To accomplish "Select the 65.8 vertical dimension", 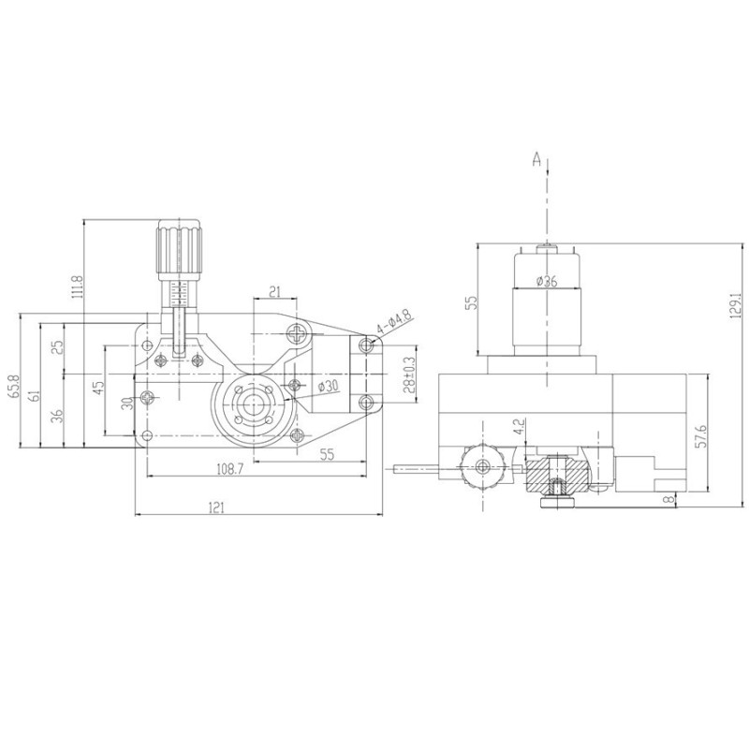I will tap(12, 387).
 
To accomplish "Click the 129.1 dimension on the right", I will tap(735, 307).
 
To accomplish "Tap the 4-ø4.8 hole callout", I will tap(394, 325).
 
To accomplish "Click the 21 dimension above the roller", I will tap(274, 289).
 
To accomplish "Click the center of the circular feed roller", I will tap(253, 404).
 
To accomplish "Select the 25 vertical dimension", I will tap(58, 345).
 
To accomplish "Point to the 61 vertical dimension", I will tap(34, 396).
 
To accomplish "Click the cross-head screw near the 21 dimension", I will tap(299, 331).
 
